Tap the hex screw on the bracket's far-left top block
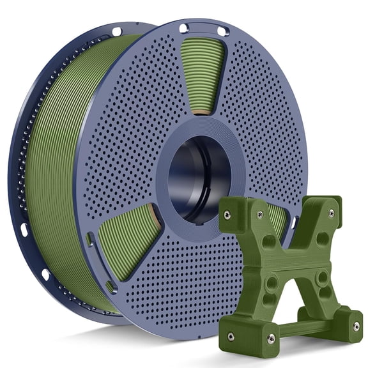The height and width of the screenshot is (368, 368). pos(227,215)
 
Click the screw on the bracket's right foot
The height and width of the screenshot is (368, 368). pos(356,326)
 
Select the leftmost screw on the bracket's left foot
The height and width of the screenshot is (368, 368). pos(231,335)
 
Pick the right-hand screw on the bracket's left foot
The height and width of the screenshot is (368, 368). pos(271,338)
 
